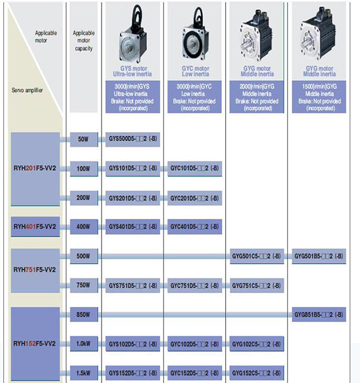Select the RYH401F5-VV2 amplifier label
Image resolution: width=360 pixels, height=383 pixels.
(x=34, y=226)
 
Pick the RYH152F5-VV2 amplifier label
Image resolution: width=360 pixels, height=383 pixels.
(x=34, y=344)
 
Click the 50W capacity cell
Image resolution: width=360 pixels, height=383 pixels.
(x=83, y=139)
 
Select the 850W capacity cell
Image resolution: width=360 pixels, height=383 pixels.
(x=83, y=314)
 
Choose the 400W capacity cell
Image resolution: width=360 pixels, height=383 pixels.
(x=83, y=226)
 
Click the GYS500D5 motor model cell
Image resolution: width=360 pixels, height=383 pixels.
(x=133, y=139)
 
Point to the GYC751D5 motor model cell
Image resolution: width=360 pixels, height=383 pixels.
(x=194, y=285)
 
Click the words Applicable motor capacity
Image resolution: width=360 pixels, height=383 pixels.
(x=83, y=41)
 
